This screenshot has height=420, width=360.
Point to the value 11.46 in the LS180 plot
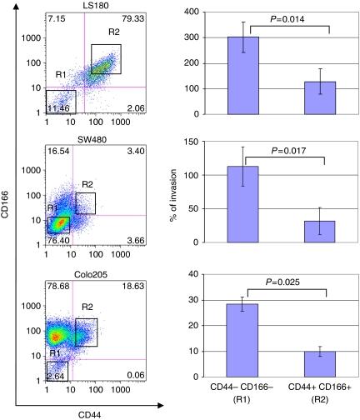tap(58, 109)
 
